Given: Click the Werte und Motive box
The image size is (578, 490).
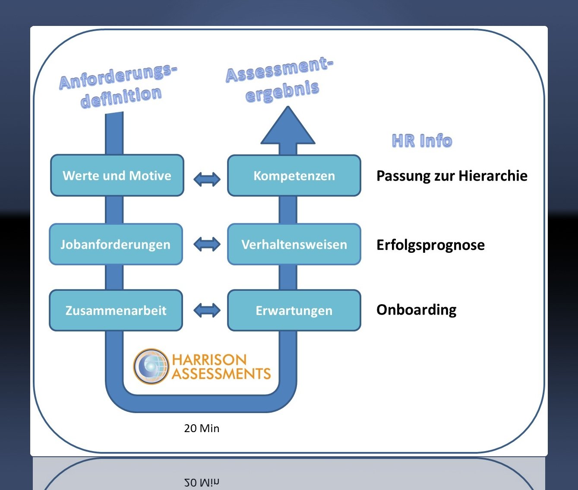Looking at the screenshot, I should pyautogui.click(x=117, y=175).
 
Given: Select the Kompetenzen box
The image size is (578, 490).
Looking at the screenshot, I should pyautogui.click(x=294, y=175).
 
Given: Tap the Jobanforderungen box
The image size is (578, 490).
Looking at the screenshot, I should pyautogui.click(x=116, y=244).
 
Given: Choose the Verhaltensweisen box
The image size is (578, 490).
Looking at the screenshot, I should pyautogui.click(x=294, y=244).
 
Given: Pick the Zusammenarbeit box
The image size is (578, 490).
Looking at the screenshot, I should pyautogui.click(x=116, y=310).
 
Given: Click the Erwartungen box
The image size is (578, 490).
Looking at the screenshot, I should pyautogui.click(x=294, y=310).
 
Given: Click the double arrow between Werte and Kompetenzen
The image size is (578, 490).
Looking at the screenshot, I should pyautogui.click(x=207, y=178).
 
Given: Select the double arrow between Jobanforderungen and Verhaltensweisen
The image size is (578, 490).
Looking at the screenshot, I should pyautogui.click(x=207, y=244).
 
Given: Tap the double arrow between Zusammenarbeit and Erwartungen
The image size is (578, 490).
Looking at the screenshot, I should pyautogui.click(x=207, y=310).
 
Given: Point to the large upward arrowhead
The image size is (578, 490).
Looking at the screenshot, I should pyautogui.click(x=288, y=127).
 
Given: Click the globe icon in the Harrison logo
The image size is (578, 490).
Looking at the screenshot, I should pyautogui.click(x=151, y=366).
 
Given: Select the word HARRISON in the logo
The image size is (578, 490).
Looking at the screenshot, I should pyautogui.click(x=209, y=360).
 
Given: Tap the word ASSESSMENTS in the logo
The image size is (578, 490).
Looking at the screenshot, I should pyautogui.click(x=221, y=374).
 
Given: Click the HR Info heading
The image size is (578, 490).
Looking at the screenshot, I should pyautogui.click(x=422, y=141).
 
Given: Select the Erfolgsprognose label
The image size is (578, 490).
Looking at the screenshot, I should pyautogui.click(x=430, y=245).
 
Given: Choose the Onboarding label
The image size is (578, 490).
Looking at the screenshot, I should pyautogui.click(x=416, y=310).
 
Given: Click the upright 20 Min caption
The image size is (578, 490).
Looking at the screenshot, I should pyautogui.click(x=202, y=428).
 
